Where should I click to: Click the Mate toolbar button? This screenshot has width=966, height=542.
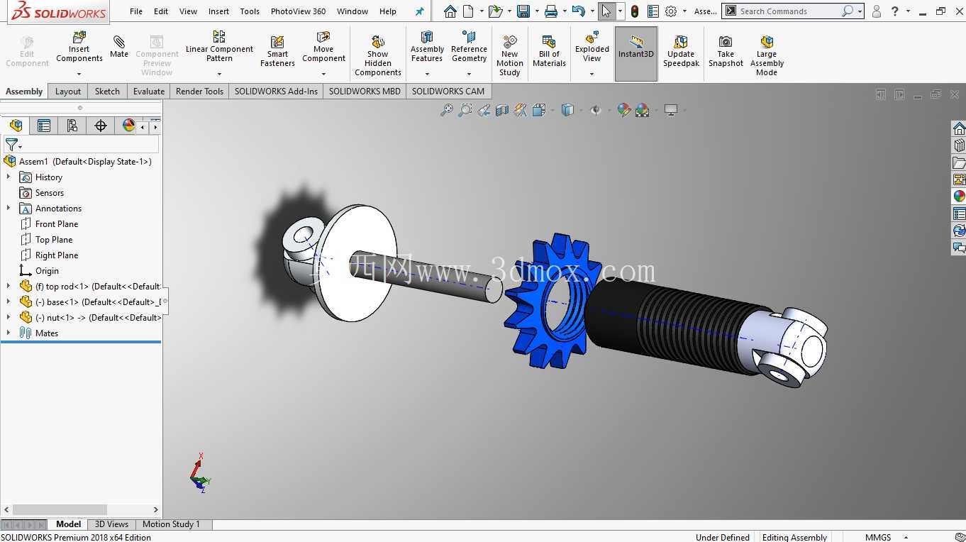coord(119,47)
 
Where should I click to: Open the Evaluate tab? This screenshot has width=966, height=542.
coord(149,92)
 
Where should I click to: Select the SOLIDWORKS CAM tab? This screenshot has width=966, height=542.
coord(448,92)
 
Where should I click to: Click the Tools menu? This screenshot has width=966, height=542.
coord(250,11)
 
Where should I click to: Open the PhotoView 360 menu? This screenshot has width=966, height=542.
coord(298,11)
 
